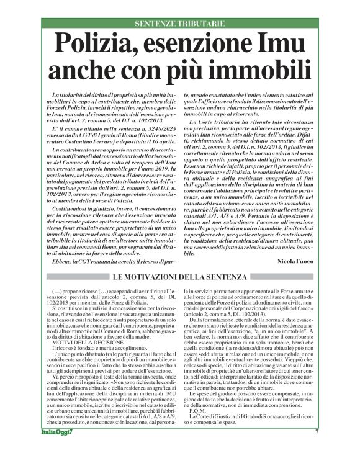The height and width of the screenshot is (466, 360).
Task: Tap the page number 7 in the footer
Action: click(316, 450)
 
